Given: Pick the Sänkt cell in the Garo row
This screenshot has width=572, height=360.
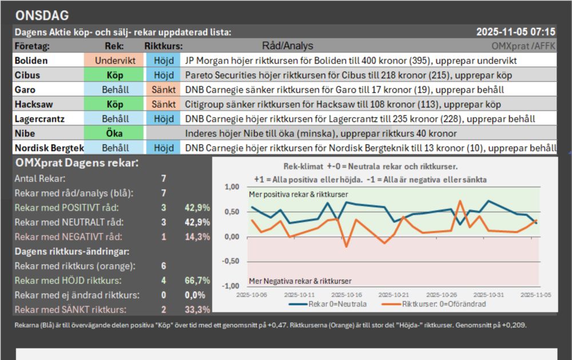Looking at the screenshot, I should pyautogui.click(x=164, y=90).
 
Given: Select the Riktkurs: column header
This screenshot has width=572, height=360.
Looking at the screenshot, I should pyautogui.click(x=164, y=46).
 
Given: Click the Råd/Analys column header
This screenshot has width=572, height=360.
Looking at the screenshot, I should pyautogui.click(x=288, y=46).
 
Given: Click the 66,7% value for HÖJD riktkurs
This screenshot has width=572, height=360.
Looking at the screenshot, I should pyautogui.click(x=197, y=280).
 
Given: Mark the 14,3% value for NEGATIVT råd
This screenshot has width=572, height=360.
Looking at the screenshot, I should pyautogui.click(x=197, y=236).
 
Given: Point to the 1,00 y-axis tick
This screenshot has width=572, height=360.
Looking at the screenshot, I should pyautogui.click(x=231, y=187).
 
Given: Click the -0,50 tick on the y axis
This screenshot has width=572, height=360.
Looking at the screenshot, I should pyautogui.click(x=229, y=262).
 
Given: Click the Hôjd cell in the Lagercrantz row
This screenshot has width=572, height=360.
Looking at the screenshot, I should pyautogui.click(x=164, y=119).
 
